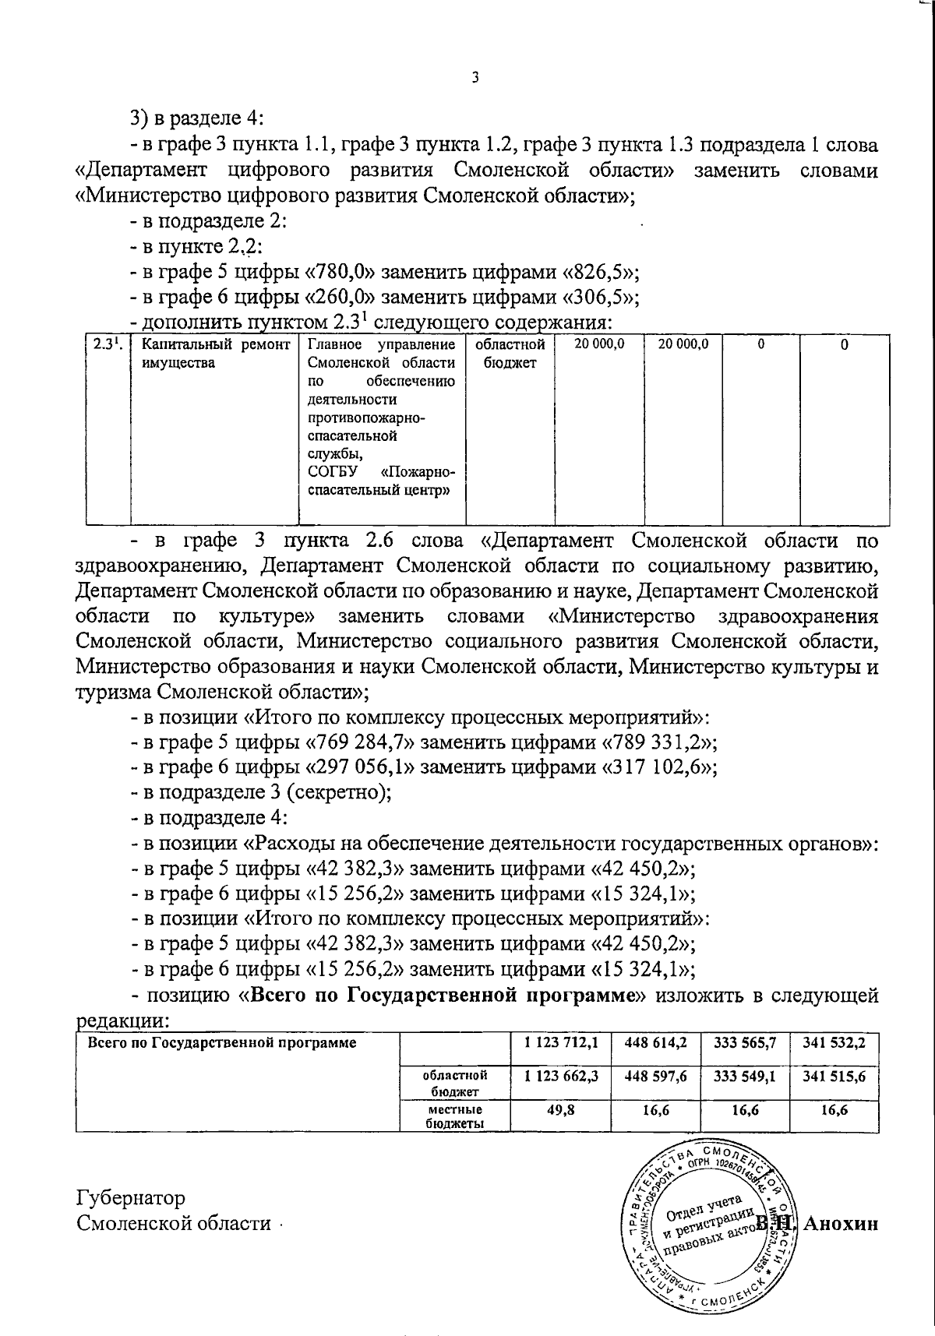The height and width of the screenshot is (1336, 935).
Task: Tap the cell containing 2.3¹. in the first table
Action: coord(106,345)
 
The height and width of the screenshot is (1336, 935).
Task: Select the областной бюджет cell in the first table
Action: coord(510,353)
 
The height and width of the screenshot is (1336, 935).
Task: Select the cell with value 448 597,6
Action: coord(654,1077)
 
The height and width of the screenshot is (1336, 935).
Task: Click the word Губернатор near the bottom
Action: coord(131,1197)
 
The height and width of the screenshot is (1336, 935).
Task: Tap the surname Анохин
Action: coord(841,1224)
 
